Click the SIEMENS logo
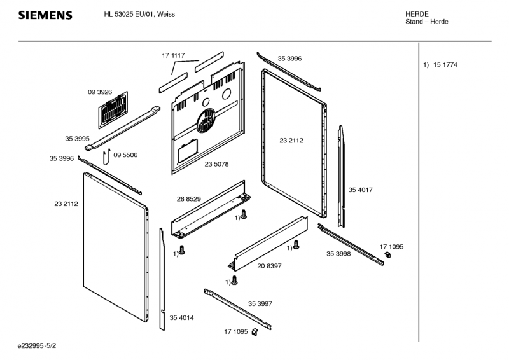45,15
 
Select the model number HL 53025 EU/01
130,14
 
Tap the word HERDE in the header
417,14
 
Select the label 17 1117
172,56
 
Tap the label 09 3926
100,92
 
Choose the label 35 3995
77,138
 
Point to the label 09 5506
125,155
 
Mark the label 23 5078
216,164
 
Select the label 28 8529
189,199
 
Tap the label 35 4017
360,190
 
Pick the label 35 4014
181,317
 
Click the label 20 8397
270,265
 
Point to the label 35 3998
339,254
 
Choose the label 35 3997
260,303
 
